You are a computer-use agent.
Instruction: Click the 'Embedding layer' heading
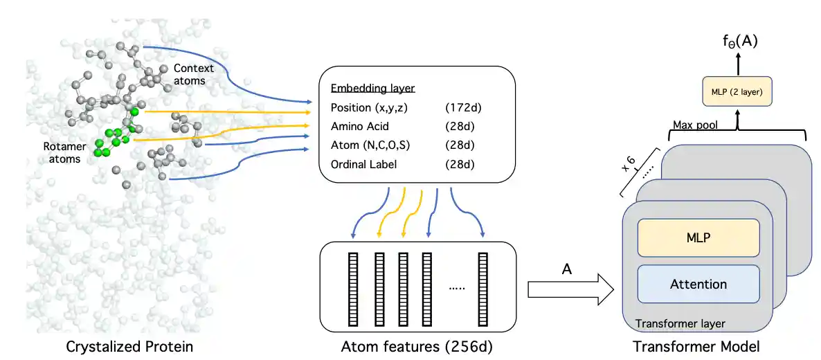pyautogui.click(x=372, y=89)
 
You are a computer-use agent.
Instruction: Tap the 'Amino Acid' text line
pyautogui.click(x=359, y=126)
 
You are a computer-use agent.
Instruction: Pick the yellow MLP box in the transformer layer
pyautogui.click(x=698, y=237)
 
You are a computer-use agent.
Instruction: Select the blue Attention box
pyautogui.click(x=698, y=284)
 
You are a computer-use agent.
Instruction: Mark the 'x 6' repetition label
pyautogui.click(x=628, y=165)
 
